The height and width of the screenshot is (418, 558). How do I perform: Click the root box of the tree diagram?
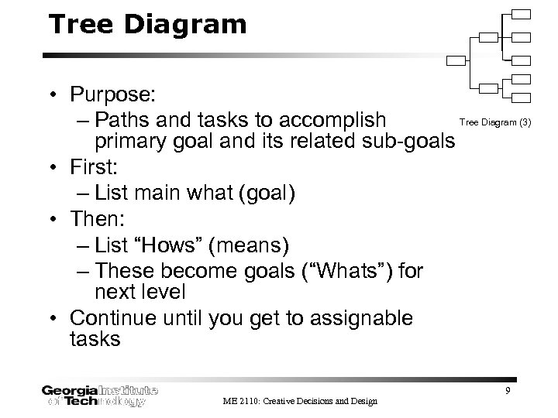pos(457,60)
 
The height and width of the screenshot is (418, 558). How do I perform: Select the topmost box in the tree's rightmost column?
pos(522,14)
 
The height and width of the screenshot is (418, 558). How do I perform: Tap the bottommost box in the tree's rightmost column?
pos(522,98)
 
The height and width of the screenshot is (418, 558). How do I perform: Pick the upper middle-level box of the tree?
pos(489,37)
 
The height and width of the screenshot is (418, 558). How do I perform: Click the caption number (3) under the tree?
pos(525,122)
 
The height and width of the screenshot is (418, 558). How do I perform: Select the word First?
pos(91,166)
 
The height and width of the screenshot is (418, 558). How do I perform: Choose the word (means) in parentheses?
pos(252,246)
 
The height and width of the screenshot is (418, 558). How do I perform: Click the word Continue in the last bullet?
pos(115,318)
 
